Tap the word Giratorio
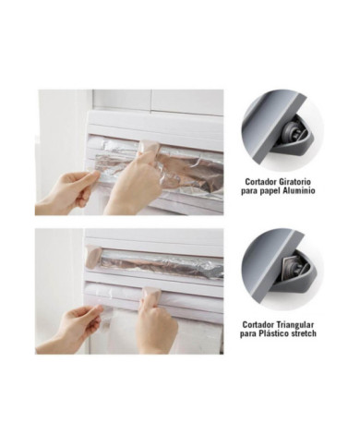(x=295, y=182)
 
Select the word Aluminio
(x=298, y=191)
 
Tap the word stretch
(x=303, y=333)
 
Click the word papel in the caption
(x=269, y=191)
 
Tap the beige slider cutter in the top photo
(x=149, y=147)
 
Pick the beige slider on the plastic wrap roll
(x=150, y=293)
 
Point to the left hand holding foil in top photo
(x=66, y=191)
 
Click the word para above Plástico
(x=248, y=334)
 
